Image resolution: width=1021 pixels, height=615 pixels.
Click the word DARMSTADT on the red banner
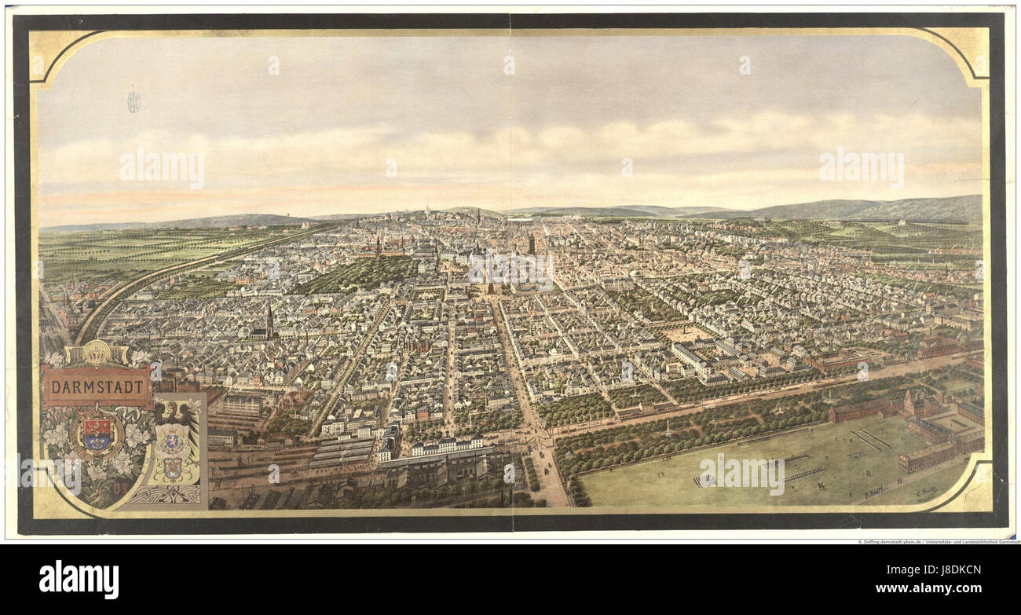coord(97,386)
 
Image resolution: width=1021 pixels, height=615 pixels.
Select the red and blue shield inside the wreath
coord(97,434)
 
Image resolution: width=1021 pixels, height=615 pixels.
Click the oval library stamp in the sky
coord(134,102)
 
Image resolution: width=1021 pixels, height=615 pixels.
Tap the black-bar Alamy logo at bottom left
coord(79,580)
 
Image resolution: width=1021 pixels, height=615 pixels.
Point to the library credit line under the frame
coord(938,542)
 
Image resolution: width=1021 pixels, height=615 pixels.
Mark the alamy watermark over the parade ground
coord(741,474)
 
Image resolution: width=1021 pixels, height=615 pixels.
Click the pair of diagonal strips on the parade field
coord(870,439)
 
